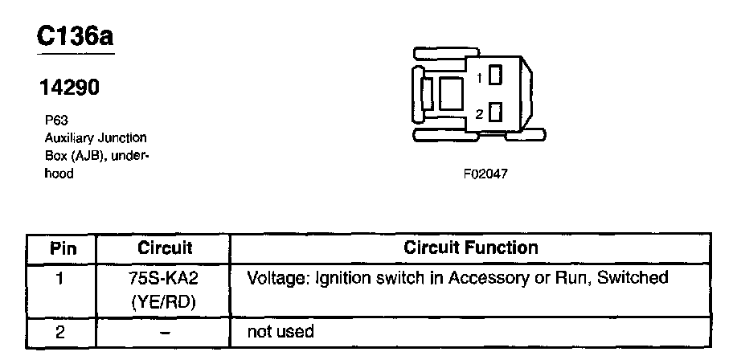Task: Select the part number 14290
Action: [70, 88]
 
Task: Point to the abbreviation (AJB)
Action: [90, 155]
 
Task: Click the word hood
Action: [59, 173]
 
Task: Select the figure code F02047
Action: [485, 174]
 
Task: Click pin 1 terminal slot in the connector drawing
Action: [495, 77]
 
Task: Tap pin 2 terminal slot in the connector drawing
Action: [495, 113]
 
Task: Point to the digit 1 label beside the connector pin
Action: [479, 78]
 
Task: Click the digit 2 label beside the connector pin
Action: [479, 114]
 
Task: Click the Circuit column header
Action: [165, 247]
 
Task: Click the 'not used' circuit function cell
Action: [280, 331]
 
